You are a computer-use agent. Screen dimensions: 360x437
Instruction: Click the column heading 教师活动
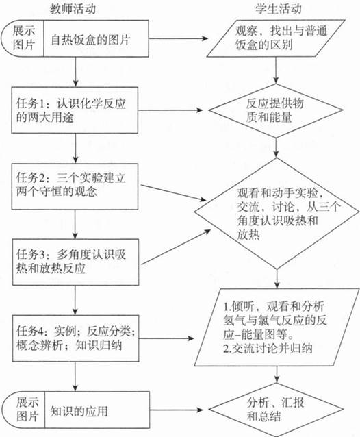pos(73,9)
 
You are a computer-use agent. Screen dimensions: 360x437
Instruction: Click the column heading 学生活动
pos(279,9)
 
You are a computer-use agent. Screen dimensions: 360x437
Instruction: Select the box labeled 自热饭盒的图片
pos(96,38)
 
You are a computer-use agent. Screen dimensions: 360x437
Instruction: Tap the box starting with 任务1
pos(75,110)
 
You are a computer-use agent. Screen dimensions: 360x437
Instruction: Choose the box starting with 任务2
pos(75,186)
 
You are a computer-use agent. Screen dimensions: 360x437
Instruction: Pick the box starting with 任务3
pos(75,262)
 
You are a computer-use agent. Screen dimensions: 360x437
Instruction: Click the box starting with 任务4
pos(75,338)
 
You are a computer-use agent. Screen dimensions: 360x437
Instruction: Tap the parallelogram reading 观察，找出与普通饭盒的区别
pos(276,38)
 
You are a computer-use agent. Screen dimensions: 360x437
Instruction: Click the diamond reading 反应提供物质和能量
pos(276,110)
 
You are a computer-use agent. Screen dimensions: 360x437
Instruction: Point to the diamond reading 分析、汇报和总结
pos(277,410)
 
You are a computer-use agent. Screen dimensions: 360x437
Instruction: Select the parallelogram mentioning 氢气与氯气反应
pos(277,327)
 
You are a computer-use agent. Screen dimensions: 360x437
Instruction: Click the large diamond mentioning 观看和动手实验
pos(277,213)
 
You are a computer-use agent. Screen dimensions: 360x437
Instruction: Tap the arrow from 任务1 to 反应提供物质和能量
pos(170,110)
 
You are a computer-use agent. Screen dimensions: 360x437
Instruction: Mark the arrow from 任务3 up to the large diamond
pos(177,247)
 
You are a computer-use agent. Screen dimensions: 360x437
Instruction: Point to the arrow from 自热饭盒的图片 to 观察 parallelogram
pos(178,38)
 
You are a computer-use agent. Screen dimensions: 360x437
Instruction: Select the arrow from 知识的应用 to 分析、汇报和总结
pos(177,410)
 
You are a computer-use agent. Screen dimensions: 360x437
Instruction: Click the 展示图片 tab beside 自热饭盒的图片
pos(23,38)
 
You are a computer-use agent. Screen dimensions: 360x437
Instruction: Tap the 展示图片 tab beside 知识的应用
pos(23,410)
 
